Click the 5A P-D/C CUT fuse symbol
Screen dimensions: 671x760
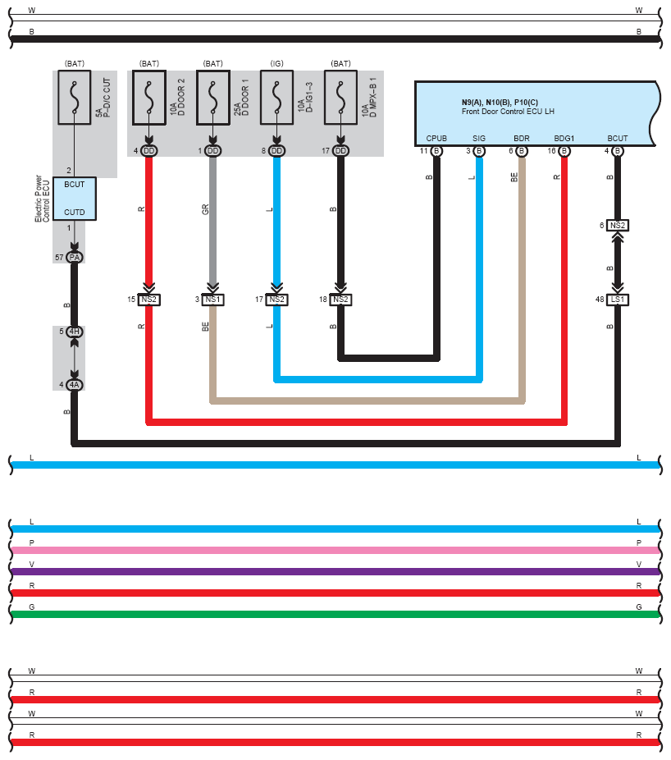click(x=74, y=98)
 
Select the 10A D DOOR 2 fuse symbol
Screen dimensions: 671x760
click(x=148, y=98)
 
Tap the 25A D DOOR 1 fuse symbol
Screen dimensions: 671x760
click(x=212, y=98)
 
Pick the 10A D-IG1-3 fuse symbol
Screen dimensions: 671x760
click(x=276, y=98)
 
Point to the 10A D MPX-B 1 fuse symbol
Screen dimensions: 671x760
click(x=340, y=98)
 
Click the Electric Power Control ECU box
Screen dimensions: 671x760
click(x=74, y=199)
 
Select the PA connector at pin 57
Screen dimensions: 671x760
click(x=74, y=258)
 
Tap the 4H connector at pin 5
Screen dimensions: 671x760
click(x=74, y=332)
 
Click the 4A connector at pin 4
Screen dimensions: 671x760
click(x=74, y=385)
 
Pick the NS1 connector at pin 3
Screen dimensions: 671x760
click(x=212, y=300)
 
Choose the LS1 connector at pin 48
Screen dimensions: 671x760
click(x=618, y=300)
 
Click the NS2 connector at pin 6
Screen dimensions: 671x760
click(x=618, y=226)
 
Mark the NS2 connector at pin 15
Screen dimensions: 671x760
click(x=148, y=300)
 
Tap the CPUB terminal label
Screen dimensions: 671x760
click(x=436, y=139)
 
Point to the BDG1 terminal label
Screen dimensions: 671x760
click(x=564, y=139)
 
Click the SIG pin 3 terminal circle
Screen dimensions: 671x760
click(x=479, y=151)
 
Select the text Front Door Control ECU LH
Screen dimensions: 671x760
click(x=508, y=112)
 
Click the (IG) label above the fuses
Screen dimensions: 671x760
click(x=276, y=63)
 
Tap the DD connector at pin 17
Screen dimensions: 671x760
click(x=340, y=151)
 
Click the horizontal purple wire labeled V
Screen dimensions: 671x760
click(x=335, y=571)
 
